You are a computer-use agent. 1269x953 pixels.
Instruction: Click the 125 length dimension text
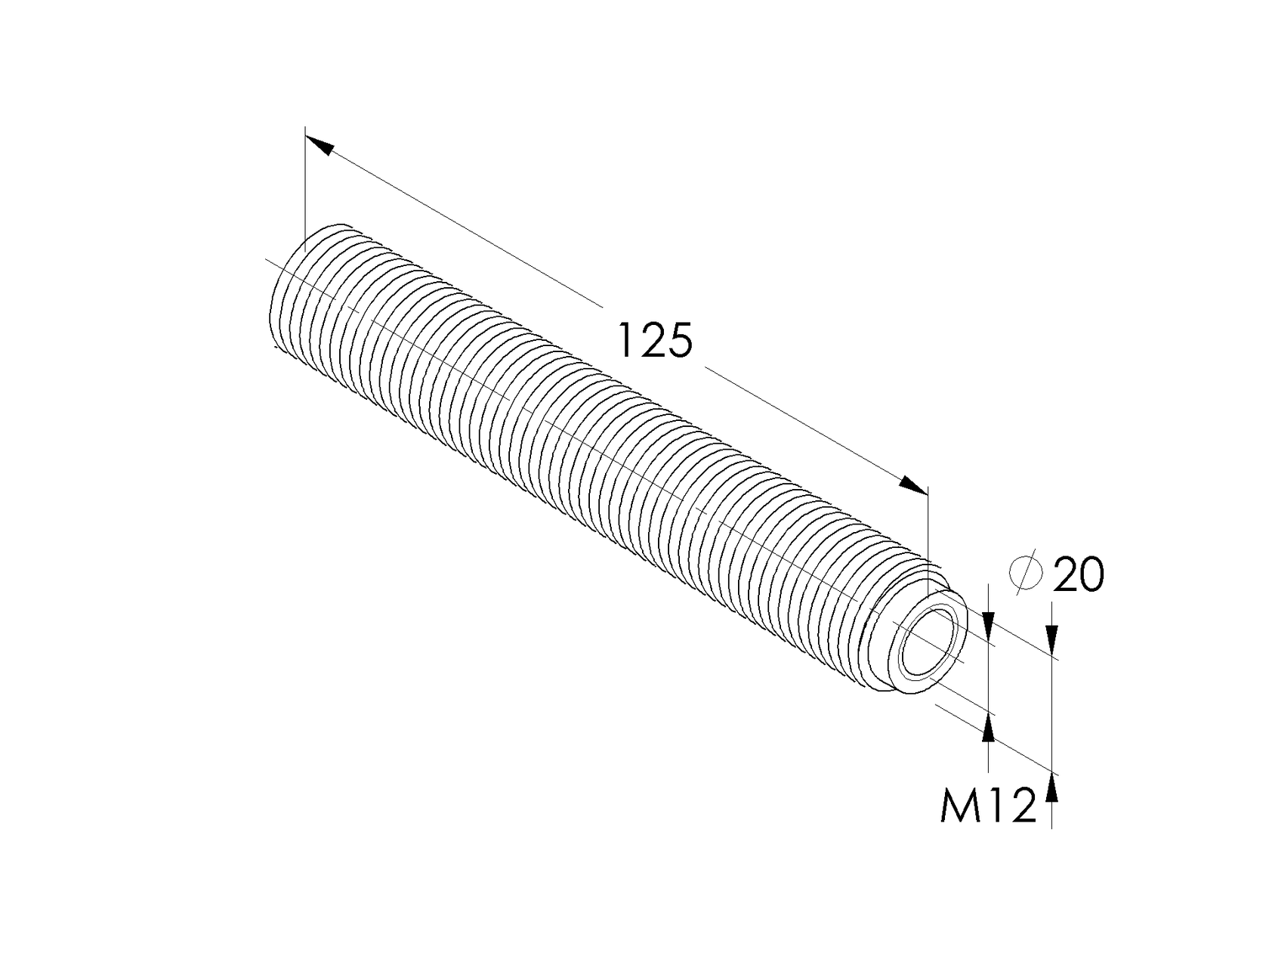(654, 341)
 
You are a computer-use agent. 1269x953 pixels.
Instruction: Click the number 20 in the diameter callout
(1078, 576)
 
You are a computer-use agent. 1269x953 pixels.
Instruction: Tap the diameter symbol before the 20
(1026, 574)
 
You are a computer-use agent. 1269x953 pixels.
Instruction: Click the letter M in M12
(959, 806)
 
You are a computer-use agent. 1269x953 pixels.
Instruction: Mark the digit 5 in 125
(678, 341)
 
